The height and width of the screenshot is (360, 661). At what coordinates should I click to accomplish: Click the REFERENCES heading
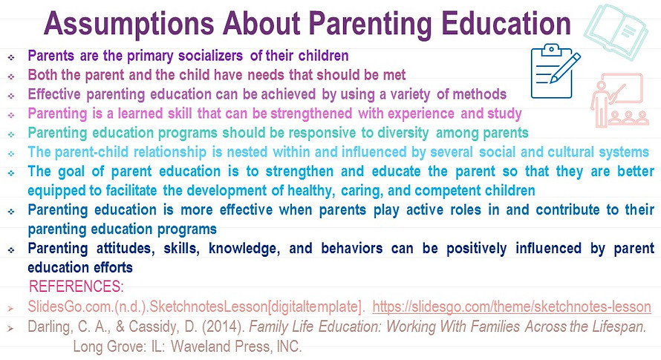point(75,287)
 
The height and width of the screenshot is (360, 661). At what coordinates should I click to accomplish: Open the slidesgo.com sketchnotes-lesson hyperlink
point(511,307)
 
